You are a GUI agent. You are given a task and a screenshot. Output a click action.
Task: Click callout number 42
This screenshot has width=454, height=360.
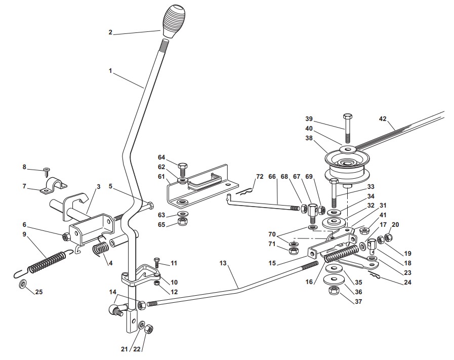383,119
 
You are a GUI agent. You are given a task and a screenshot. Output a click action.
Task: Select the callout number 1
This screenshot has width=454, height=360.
110,71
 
